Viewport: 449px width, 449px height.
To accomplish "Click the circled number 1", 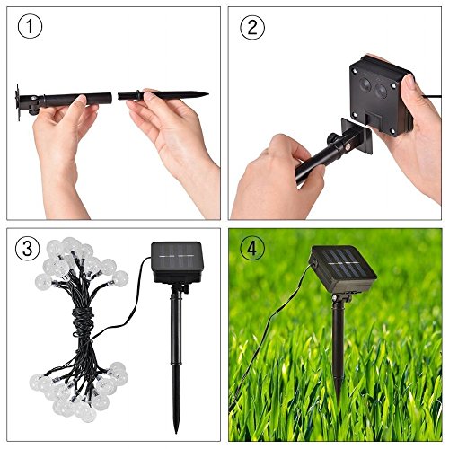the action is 30,27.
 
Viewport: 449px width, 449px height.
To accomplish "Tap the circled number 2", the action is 252,27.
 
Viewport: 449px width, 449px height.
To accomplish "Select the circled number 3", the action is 28,248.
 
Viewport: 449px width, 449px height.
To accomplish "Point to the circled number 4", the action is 252,248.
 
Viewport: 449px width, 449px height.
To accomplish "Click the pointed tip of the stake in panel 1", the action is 207,95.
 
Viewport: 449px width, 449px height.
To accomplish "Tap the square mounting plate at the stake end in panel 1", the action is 18,102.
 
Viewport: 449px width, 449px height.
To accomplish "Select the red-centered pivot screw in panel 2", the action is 348,147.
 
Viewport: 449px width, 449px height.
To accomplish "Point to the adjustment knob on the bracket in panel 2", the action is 332,139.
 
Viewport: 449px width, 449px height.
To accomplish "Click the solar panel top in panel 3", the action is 177,255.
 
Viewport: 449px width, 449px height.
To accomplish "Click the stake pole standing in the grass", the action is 338,344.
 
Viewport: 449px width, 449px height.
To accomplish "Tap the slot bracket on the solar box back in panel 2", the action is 374,120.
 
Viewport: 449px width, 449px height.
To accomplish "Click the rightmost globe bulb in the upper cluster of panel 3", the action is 120,278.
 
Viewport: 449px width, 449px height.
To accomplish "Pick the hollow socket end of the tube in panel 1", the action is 110,98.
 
